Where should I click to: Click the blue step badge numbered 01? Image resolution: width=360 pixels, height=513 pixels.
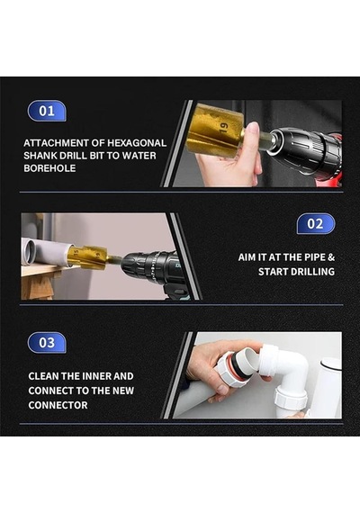click(47, 111)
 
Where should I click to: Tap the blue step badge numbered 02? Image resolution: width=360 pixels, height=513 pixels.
click(316, 224)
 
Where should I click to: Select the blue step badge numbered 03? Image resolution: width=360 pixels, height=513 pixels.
click(47, 343)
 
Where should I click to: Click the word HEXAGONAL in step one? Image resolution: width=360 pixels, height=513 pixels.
click(137, 143)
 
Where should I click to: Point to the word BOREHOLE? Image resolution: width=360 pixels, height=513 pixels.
click(49, 168)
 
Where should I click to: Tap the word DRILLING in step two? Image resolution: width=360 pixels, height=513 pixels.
click(312, 272)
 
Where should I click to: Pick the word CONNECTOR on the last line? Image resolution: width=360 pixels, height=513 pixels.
click(58, 405)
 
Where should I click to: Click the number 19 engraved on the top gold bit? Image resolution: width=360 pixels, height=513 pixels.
click(224, 127)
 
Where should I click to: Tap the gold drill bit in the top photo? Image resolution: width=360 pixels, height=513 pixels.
click(215, 130)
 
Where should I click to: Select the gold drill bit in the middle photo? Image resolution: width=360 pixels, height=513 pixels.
click(87, 257)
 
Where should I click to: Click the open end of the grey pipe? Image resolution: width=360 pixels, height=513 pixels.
click(29, 252)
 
